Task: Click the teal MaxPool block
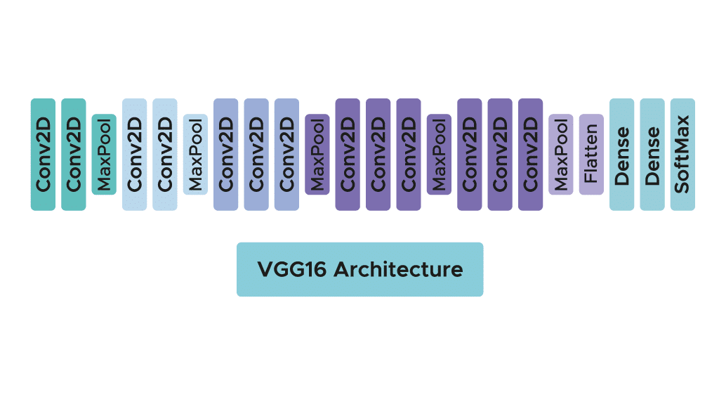click(x=104, y=154)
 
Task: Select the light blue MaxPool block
click(x=195, y=154)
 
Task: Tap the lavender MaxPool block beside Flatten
click(x=560, y=154)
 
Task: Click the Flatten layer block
click(x=591, y=154)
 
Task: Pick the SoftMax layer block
click(x=682, y=154)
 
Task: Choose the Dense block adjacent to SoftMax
click(x=652, y=154)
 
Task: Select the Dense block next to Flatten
click(x=621, y=154)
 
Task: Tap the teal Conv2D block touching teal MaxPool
click(x=74, y=154)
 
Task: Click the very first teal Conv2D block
click(x=43, y=154)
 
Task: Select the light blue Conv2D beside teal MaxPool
click(x=134, y=154)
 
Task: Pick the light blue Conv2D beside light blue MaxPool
click(x=165, y=154)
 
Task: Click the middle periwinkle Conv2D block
click(x=256, y=154)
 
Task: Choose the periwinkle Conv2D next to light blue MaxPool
click(x=225, y=154)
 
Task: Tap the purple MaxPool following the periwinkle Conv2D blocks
click(x=317, y=154)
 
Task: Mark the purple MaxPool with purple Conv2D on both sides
click(x=439, y=154)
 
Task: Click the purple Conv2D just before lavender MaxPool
click(x=530, y=154)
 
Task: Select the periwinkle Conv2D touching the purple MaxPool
click(x=286, y=154)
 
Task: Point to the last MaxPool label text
click(x=561, y=155)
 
